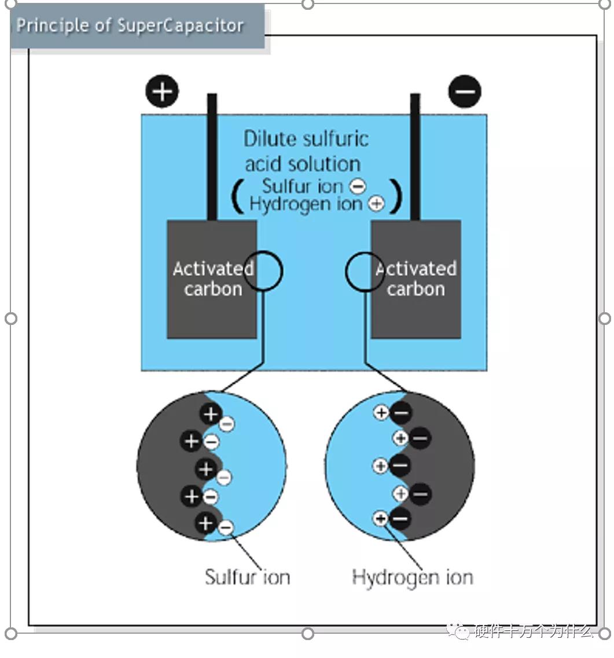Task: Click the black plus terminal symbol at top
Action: click(163, 91)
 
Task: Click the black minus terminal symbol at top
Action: click(465, 92)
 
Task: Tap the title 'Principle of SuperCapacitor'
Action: click(130, 26)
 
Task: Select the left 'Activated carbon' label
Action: click(213, 279)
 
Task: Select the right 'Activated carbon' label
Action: click(416, 279)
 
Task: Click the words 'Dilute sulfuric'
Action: click(306, 139)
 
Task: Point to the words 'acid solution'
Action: click(303, 164)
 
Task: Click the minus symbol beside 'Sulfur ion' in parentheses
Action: click(358, 186)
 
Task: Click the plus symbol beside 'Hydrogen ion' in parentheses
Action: click(376, 204)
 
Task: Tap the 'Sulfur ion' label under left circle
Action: click(247, 576)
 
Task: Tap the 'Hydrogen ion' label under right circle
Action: click(412, 576)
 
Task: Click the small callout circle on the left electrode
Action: click(263, 271)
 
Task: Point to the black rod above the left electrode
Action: click(212, 156)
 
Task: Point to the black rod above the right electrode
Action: click(415, 156)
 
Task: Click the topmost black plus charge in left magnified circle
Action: click(211, 413)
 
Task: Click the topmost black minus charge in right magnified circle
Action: click(401, 413)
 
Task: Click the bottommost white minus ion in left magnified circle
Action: click(226, 527)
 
